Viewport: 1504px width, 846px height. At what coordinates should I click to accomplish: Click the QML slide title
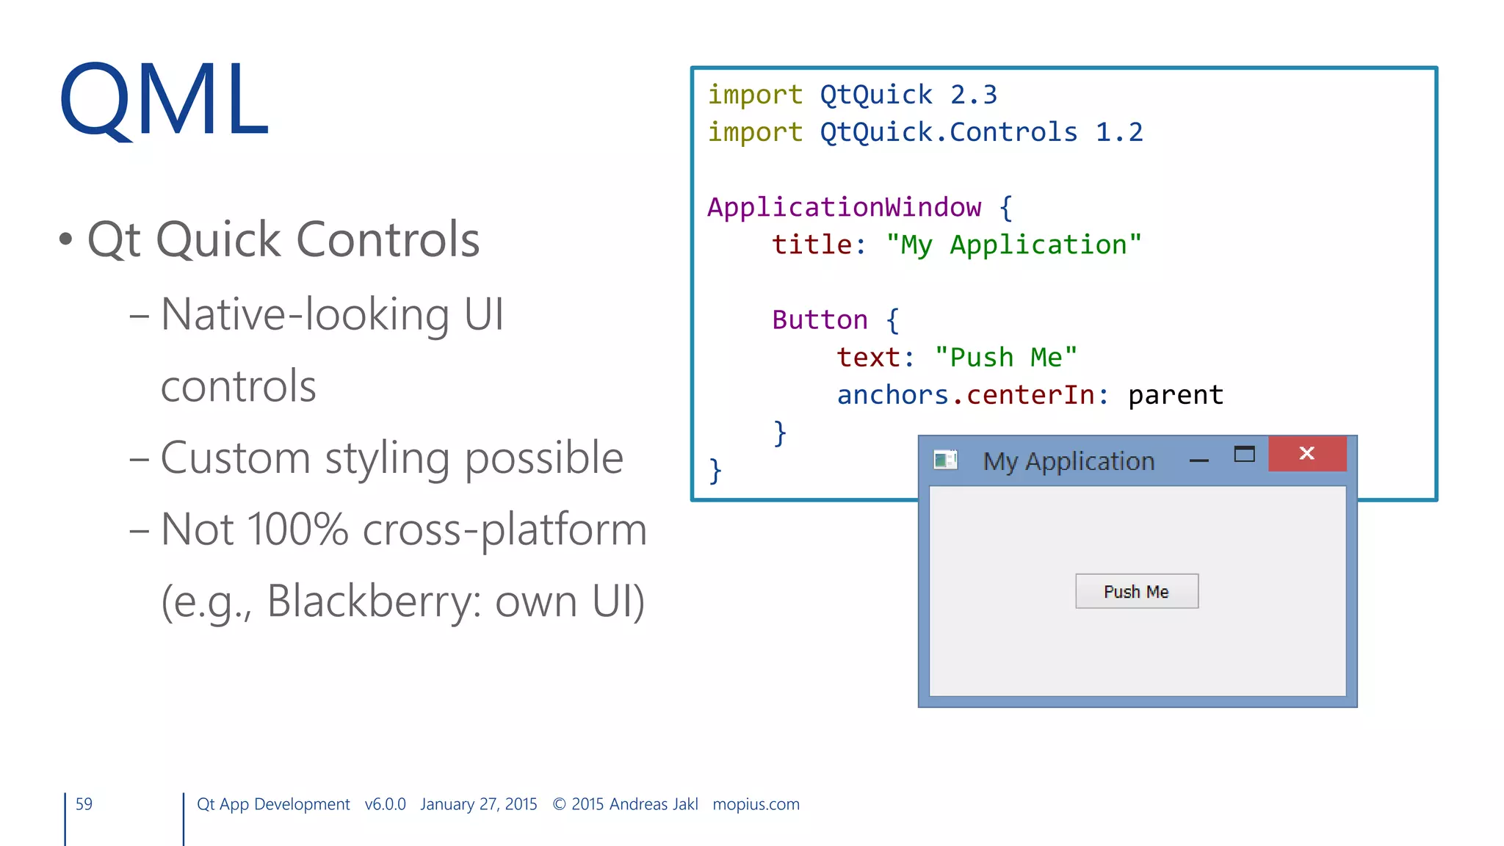(164, 101)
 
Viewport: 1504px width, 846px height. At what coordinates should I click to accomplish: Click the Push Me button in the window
(1136, 591)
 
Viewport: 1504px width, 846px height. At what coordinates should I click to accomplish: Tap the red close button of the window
(1307, 453)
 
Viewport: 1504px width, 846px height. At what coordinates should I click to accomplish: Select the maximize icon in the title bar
(1244, 455)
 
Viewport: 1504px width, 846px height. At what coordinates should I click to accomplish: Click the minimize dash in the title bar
(1198, 460)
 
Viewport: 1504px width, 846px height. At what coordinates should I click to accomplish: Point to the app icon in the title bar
(945, 460)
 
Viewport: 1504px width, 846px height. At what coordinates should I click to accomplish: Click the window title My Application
(1069, 461)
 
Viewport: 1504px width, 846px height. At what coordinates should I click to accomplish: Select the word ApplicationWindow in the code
(844, 207)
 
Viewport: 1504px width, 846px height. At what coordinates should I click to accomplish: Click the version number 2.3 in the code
(973, 95)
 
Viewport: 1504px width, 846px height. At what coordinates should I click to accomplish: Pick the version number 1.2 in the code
(1118, 132)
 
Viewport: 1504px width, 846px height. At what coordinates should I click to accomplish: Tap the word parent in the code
(1175, 395)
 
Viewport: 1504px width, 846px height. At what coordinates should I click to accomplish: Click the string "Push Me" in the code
(1005, 358)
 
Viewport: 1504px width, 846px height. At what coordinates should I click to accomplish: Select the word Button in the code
(820, 320)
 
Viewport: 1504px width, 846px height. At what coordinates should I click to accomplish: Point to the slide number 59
(84, 804)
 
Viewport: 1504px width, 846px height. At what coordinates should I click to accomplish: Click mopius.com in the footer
(756, 804)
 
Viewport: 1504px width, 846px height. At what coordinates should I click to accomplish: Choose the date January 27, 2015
(478, 804)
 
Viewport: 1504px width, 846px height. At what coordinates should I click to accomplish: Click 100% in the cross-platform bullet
(297, 529)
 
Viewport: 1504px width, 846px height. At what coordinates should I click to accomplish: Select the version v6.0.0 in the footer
(385, 804)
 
